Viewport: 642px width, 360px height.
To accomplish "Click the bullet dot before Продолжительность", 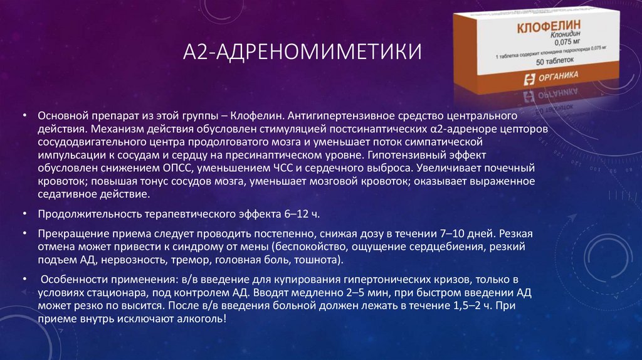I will [23, 213].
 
